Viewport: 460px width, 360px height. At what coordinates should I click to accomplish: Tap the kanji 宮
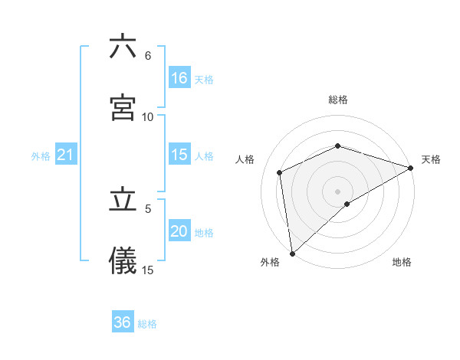(123, 108)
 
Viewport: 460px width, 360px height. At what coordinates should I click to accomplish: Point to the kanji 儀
(123, 260)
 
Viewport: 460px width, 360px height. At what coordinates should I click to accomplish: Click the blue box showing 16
(179, 77)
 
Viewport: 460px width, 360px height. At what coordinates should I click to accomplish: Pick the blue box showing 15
(179, 154)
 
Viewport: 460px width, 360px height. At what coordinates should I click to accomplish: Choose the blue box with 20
(179, 231)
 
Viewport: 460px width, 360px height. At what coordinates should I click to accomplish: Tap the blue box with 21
(66, 155)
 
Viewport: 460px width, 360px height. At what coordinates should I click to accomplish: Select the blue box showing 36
(123, 322)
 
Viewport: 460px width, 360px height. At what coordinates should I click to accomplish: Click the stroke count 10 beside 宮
(148, 116)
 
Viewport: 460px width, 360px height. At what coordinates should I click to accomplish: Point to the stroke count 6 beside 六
(148, 56)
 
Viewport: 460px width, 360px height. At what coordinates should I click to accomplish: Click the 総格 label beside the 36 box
(147, 324)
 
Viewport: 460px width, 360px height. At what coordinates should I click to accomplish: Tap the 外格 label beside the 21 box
(41, 156)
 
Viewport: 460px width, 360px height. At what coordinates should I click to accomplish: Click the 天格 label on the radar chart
(431, 159)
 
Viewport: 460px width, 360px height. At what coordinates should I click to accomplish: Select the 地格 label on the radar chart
(402, 262)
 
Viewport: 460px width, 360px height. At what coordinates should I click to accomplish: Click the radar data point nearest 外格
(291, 253)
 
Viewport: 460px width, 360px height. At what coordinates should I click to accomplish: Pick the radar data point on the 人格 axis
(280, 172)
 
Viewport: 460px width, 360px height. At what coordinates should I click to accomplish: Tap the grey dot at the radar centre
(337, 191)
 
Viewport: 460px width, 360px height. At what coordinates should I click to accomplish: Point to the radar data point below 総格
(337, 146)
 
